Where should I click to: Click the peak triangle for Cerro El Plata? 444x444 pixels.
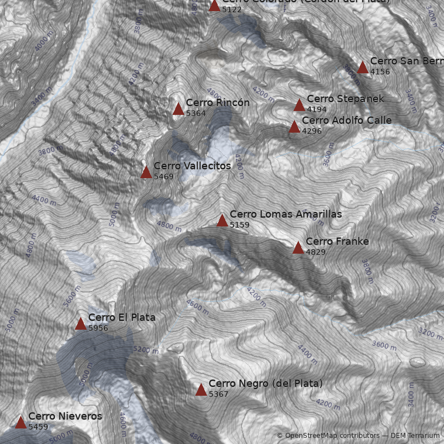coord(80,324)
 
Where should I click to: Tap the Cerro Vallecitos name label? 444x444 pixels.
coord(192,166)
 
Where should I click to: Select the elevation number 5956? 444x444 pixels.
coord(98,328)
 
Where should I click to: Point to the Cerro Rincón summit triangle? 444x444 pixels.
coord(178,109)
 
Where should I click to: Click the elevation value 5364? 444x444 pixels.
coord(196,113)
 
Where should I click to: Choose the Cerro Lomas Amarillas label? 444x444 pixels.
coord(285,214)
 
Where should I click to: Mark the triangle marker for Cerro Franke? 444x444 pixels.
coord(298,248)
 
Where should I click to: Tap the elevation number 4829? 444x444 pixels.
coord(316,252)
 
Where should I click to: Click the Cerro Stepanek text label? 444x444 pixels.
coord(345,99)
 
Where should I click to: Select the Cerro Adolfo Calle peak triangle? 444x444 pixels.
coord(294,127)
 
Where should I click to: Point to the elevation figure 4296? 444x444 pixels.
coord(312,131)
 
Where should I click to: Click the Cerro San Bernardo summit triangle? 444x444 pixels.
coord(362,68)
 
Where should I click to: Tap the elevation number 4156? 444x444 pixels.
coord(380,72)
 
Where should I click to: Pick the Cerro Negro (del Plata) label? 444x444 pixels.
coord(265,384)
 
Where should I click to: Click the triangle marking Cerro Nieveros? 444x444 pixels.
coord(21,422)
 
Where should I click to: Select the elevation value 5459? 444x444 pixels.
coord(38,427)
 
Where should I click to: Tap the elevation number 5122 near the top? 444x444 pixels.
coord(232,9)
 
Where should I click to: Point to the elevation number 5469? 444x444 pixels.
coord(164,176)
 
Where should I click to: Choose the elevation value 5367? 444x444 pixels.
coord(219,394)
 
